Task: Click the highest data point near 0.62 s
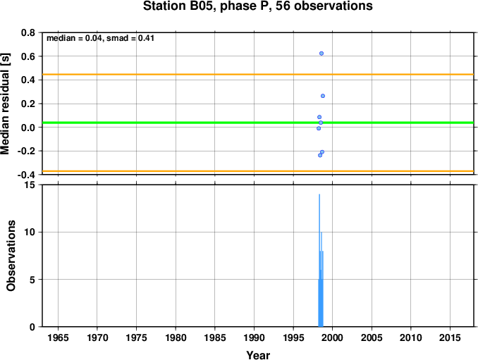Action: tap(321, 54)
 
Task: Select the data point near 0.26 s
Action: tap(323, 96)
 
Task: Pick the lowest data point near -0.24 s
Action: tap(320, 155)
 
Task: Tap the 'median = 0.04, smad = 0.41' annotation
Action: tap(100, 38)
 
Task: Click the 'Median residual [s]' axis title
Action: tap(6, 104)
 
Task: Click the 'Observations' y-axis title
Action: tap(11, 256)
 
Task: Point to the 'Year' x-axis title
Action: tap(258, 355)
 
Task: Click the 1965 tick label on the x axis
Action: tap(58, 337)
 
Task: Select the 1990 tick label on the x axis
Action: tap(254, 337)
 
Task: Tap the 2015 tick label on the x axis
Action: tap(450, 337)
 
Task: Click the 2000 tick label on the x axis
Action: tap(332, 337)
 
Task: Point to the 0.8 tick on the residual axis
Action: tap(28, 32)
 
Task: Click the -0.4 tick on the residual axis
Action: tap(26, 175)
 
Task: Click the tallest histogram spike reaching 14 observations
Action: tap(319, 261)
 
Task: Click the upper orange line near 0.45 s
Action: tap(258, 74)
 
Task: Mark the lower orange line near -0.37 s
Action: tap(258, 171)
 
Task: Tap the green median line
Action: tap(258, 123)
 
